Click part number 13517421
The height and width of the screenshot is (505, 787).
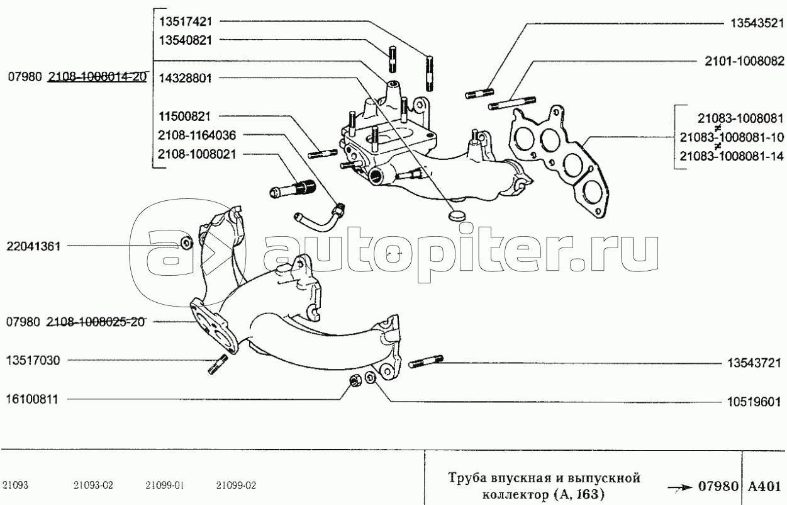[186, 21]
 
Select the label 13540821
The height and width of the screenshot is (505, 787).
[186, 40]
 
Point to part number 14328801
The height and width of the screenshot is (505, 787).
[186, 79]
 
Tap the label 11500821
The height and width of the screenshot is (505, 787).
[186, 116]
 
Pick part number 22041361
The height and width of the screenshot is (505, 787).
[33, 247]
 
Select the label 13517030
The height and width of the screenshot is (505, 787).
[33, 361]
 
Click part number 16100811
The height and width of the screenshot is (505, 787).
[33, 399]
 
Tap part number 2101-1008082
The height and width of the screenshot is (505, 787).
[745, 62]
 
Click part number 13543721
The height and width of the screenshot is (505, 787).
[754, 363]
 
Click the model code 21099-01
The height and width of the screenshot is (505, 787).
[164, 486]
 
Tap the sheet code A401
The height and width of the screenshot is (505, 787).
[764, 487]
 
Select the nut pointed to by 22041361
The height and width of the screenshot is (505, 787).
[186, 244]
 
